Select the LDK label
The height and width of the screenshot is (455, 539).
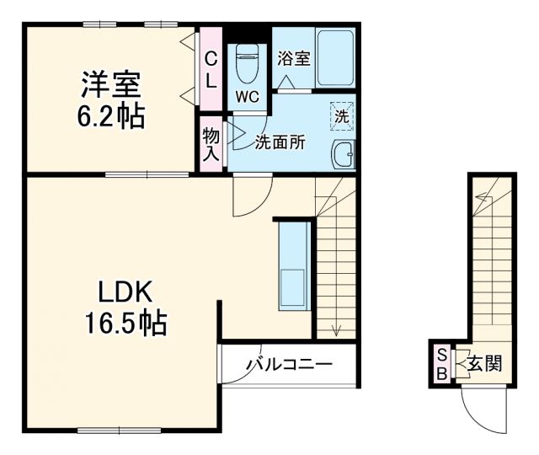point(125,292)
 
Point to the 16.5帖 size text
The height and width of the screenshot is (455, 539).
point(125,322)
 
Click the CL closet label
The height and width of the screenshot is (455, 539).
point(211,70)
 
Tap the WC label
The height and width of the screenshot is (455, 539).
point(247,95)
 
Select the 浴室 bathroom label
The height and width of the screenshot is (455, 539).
point(293,59)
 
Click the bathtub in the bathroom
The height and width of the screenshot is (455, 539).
point(335,56)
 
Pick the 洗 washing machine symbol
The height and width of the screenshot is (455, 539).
point(342,117)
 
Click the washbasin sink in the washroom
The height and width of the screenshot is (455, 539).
point(344,155)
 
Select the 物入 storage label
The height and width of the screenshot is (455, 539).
point(211,144)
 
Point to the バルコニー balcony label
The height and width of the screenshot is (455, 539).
point(290,365)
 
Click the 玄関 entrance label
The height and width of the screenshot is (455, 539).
point(484,365)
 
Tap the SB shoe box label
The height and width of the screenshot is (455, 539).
point(441,365)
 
